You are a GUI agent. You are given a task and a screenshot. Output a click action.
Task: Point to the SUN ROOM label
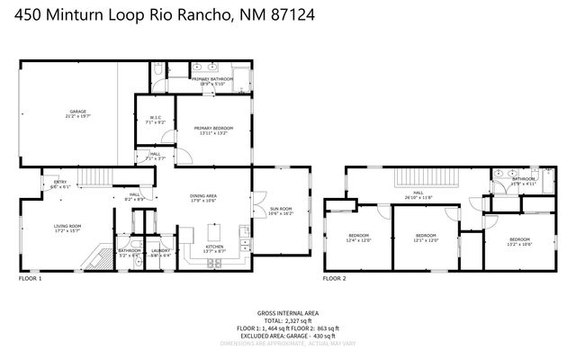[x=280, y=210]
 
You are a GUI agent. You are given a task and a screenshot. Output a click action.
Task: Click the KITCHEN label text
[x=214, y=247]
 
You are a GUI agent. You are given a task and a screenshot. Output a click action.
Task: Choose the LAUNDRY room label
[x=161, y=251]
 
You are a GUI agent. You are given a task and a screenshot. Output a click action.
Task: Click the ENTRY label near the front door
[x=60, y=183]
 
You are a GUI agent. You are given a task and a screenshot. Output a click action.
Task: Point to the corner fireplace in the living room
[x=93, y=261]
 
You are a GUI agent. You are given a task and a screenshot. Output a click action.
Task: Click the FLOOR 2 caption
[x=335, y=279]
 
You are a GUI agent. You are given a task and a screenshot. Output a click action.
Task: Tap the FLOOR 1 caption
[x=31, y=279]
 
